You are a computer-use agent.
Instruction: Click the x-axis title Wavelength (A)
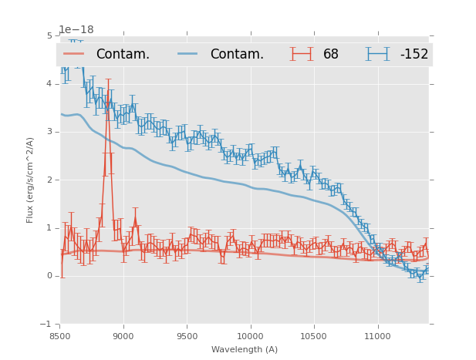pos(244,349)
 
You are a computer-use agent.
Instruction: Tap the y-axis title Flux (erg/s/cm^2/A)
pos(30,180)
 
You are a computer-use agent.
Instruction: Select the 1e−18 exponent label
pos(76,29)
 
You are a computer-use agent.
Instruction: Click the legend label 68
pos(331,54)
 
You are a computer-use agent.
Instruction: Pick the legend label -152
pos(414,54)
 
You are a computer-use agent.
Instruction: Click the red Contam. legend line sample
pos(74,54)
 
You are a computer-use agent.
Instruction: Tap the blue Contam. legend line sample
pos(188,54)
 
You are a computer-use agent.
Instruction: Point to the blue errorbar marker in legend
pos(378,54)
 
